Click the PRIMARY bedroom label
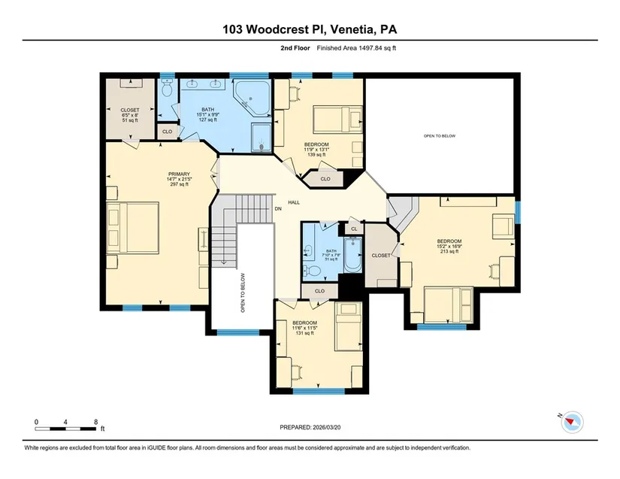pyautogui.click(x=179, y=174)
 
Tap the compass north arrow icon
pyautogui.click(x=572, y=422)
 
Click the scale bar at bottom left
pyautogui.click(x=65, y=429)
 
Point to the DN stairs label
pyautogui.click(x=278, y=209)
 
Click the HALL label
pyautogui.click(x=294, y=202)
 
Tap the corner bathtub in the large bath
pyautogui.click(x=253, y=97)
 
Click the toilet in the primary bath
pyautogui.click(x=168, y=88)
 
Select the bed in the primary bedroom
pyautogui.click(x=132, y=227)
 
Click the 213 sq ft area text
pyautogui.click(x=449, y=251)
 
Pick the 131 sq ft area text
pyautogui.click(x=304, y=333)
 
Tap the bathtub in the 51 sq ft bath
pyautogui.click(x=352, y=255)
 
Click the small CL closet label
pyautogui.click(x=354, y=229)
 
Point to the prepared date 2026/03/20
pyautogui.click(x=327, y=428)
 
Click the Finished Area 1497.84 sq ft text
pyautogui.click(x=356, y=48)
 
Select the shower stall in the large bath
pyautogui.click(x=262, y=137)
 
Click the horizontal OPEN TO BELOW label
pyautogui.click(x=440, y=136)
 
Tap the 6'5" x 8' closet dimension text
pyautogui.click(x=130, y=115)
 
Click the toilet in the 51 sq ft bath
pyautogui.click(x=313, y=271)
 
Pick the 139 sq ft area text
pyautogui.click(x=316, y=155)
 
